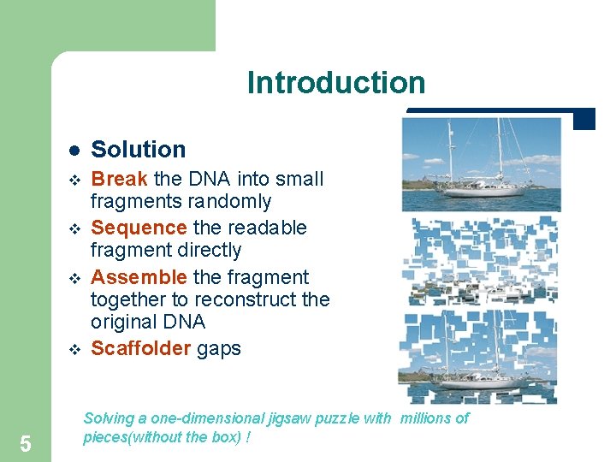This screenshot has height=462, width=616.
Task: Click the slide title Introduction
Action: click(335, 83)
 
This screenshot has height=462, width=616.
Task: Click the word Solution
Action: click(138, 149)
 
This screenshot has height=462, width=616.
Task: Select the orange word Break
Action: click(119, 179)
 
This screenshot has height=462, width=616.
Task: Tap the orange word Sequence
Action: click(139, 228)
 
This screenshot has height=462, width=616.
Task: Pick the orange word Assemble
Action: click(139, 277)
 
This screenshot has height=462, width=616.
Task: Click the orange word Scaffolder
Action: click(140, 348)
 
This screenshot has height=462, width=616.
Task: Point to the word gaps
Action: click(219, 348)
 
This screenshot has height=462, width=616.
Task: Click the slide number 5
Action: click(26, 443)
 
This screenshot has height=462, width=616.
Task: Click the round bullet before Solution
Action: click(74, 150)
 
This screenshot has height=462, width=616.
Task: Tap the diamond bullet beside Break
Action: click(74, 180)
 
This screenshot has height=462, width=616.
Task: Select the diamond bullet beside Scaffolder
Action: click(74, 349)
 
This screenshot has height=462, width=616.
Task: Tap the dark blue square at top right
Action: click(583, 120)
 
